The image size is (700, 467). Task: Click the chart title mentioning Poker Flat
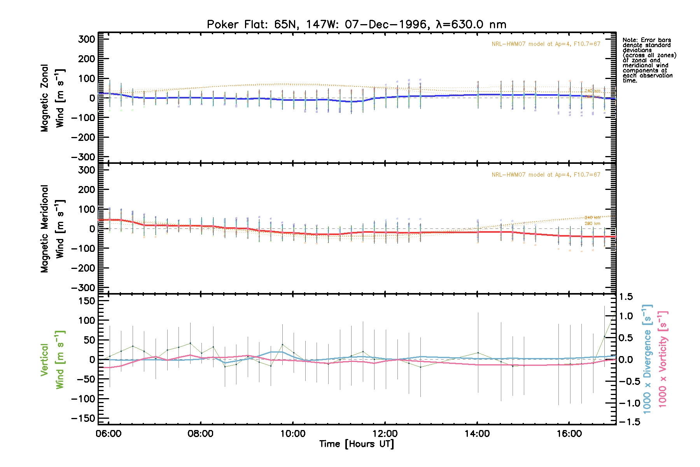coord(356,25)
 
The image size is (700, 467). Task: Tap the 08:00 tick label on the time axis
coord(200,434)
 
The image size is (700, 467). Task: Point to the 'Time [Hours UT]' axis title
coord(356,444)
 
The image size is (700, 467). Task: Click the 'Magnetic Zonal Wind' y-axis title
coord(52,98)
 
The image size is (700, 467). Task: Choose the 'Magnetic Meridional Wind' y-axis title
coord(52,228)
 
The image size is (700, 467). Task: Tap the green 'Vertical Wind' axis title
coord(52,360)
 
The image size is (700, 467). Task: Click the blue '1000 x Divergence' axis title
coord(647,359)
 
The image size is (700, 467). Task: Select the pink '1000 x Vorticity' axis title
coord(663,359)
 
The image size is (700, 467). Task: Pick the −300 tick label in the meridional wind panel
coord(83,288)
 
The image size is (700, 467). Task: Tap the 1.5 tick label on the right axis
coord(626,297)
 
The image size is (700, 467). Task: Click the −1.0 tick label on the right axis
coord(629,403)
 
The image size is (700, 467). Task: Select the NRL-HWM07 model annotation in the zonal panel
coord(546,44)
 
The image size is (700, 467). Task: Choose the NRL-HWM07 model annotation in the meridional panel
coord(546,175)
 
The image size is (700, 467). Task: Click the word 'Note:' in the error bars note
coord(630,40)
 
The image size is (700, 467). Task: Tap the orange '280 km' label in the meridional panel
coord(592,224)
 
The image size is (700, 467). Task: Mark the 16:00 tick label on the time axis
coord(569,434)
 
